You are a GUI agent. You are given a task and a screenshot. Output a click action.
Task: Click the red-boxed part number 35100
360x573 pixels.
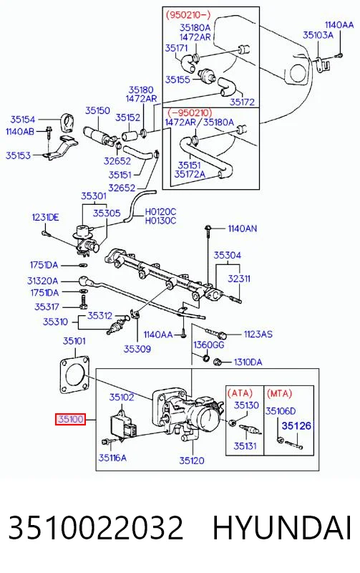click(x=70, y=419)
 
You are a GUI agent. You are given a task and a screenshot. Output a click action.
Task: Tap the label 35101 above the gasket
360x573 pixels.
click(x=74, y=341)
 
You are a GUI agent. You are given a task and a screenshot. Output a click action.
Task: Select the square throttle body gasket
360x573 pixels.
click(x=75, y=375)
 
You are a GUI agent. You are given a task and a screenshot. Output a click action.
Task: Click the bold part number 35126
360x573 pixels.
click(x=296, y=425)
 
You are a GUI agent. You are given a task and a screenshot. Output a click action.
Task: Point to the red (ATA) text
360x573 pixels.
click(x=240, y=393)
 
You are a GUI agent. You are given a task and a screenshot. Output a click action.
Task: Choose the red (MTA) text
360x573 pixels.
click(x=279, y=393)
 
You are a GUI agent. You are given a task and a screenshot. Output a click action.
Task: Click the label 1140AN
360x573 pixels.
click(x=243, y=228)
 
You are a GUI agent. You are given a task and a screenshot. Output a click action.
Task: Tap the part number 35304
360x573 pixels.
click(x=227, y=255)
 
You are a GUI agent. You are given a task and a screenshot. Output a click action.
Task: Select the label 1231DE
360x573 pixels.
click(x=45, y=218)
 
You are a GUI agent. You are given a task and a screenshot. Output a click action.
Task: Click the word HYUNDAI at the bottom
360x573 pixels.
click(x=282, y=528)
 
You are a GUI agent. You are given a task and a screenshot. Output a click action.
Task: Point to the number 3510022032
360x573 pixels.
click(x=96, y=528)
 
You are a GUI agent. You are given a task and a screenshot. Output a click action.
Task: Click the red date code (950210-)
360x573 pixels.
click(x=188, y=15)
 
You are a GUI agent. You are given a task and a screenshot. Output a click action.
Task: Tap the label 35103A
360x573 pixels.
click(x=318, y=35)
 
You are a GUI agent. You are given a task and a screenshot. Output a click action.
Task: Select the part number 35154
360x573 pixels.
click(x=23, y=120)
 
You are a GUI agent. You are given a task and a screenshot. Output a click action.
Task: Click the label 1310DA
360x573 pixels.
click(x=248, y=362)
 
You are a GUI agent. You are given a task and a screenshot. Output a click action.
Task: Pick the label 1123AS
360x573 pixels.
click(x=258, y=334)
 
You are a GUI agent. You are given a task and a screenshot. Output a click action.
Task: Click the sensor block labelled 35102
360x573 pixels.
click(x=124, y=425)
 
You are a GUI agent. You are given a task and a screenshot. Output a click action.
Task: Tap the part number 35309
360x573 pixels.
click(x=137, y=349)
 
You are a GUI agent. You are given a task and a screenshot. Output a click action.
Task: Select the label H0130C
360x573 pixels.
click(x=160, y=221)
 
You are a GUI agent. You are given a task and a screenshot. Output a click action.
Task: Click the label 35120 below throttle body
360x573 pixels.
click(x=192, y=461)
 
